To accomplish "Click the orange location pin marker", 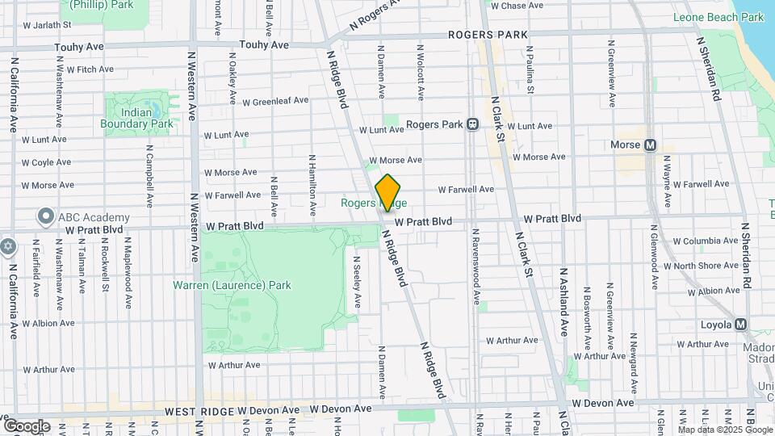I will (x=388, y=193).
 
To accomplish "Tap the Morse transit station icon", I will (x=647, y=145).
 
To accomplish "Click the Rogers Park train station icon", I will (x=472, y=124).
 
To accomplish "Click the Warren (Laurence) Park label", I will (x=232, y=285).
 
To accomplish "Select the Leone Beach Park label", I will (x=718, y=17).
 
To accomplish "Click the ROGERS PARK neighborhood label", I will (x=488, y=36).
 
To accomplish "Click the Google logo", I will (x=26, y=426).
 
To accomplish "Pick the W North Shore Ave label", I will (x=702, y=266).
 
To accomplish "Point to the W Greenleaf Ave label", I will (x=269, y=102).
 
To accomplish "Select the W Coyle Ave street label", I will (x=48, y=162).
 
